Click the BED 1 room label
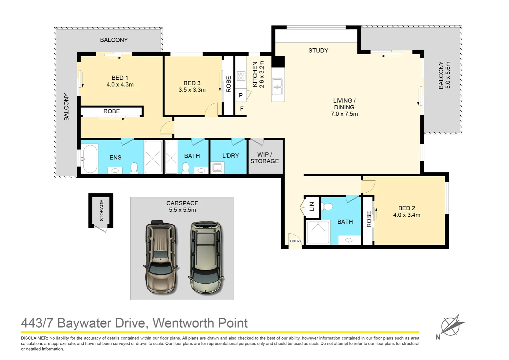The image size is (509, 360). [x=120, y=78]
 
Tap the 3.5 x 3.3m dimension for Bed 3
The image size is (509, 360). [x=192, y=90]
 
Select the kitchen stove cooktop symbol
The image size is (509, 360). [x=241, y=76]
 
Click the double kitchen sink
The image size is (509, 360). [x=277, y=87]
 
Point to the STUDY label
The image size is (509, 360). [x=318, y=51]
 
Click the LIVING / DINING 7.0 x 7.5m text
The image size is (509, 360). [x=344, y=107]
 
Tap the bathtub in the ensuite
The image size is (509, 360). [x=90, y=159]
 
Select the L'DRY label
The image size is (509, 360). [x=231, y=156]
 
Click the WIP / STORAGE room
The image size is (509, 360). [x=265, y=158]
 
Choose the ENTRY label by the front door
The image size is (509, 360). [x=295, y=241]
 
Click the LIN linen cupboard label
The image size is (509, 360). [x=312, y=206]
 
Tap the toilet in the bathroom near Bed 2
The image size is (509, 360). [x=328, y=207]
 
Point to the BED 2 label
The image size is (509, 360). [x=406, y=208]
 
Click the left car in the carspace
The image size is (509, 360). [x=161, y=257]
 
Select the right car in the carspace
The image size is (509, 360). [x=206, y=257]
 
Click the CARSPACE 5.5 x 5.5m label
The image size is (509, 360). [x=182, y=206]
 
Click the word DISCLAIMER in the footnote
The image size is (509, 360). [x=34, y=338]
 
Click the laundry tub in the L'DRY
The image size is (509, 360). [x=217, y=167]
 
